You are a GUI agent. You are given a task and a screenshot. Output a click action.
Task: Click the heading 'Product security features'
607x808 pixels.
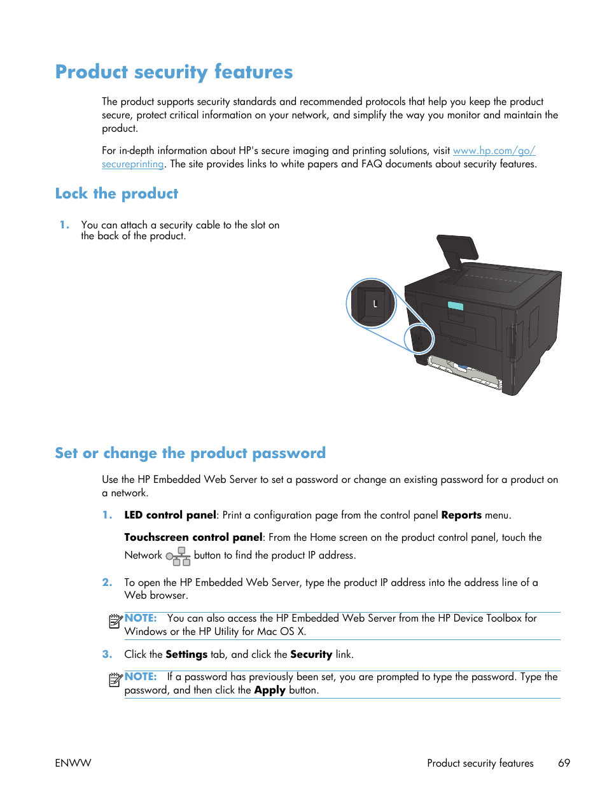coord(174,72)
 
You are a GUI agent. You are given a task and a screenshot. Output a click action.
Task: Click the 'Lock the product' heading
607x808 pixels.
coord(116,193)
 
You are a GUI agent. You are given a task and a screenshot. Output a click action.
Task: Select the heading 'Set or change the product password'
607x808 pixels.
coord(190,453)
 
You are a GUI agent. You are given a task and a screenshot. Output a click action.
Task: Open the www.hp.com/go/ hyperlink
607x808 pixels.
coord(494,151)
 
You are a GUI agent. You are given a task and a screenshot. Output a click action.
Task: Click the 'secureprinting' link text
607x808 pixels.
coord(132,164)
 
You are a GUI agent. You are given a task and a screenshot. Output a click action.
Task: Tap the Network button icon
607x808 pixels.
coord(179,557)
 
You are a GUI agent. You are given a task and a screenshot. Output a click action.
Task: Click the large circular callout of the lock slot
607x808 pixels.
coord(372,303)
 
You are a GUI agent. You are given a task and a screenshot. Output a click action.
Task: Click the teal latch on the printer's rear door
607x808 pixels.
coord(455,306)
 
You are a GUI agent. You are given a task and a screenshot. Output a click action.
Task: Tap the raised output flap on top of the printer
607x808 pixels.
coord(456,250)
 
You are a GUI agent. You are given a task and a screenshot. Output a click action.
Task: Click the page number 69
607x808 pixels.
coord(564,763)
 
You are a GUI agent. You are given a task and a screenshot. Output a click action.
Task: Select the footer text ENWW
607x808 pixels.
coord(73,763)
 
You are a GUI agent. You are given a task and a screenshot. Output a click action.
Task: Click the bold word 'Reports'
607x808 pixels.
coord(461,515)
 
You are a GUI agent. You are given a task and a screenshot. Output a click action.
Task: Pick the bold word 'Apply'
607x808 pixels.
coord(270,690)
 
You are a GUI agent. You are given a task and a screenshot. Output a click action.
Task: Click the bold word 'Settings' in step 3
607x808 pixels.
coord(186,655)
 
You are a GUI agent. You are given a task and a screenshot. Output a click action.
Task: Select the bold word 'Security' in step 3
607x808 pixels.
coord(311,655)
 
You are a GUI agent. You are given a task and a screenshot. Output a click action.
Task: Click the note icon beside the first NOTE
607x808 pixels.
coord(115,622)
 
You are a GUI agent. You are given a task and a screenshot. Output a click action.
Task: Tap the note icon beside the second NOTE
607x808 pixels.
coord(115,680)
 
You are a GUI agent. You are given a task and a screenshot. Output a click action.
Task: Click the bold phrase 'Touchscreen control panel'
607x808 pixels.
coord(193,538)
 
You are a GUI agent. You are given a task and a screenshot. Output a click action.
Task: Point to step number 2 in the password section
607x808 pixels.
coord(107,583)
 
